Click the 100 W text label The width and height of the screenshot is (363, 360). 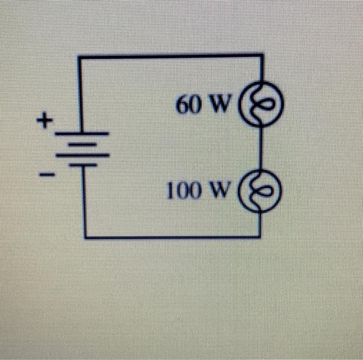(x=197, y=192)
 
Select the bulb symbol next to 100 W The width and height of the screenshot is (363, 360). (x=261, y=191)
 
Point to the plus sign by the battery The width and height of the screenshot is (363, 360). (x=46, y=122)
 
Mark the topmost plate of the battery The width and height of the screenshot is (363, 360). (x=82, y=134)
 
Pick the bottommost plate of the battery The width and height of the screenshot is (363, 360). (x=83, y=164)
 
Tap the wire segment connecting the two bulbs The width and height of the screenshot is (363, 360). (x=261, y=147)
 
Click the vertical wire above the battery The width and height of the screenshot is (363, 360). (x=80, y=93)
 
